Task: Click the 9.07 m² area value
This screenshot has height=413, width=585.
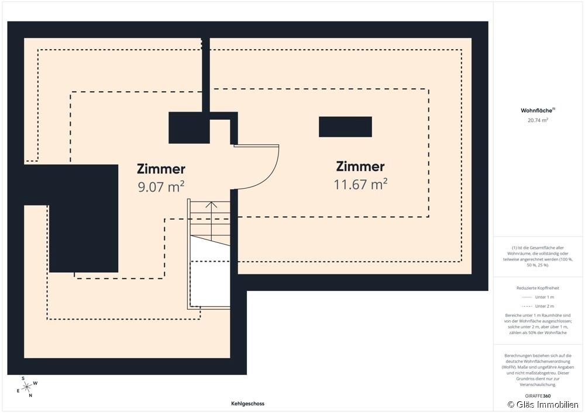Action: click(x=161, y=186)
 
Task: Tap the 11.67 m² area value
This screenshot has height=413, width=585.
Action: click(x=360, y=184)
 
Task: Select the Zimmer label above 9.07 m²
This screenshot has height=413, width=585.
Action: click(x=161, y=169)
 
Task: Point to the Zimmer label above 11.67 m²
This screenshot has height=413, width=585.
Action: click(x=360, y=166)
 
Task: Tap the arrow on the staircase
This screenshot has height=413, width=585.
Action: click(x=212, y=221)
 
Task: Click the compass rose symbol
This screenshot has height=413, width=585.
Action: click(x=27, y=387)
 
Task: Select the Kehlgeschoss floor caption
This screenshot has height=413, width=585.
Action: click(x=247, y=403)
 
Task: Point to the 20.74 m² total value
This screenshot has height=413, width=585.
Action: click(x=538, y=120)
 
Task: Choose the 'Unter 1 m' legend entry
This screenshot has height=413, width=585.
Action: click(x=538, y=297)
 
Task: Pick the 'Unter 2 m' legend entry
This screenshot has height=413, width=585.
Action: click(x=538, y=306)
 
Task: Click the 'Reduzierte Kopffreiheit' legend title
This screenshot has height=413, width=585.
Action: click(x=538, y=288)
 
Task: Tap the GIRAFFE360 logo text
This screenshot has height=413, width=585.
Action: click(x=538, y=396)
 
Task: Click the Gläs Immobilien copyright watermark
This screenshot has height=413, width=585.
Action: click(x=543, y=404)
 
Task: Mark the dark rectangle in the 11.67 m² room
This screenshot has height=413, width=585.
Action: click(x=345, y=127)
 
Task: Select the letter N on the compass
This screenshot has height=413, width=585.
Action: click(x=30, y=395)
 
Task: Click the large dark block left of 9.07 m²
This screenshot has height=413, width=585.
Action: click(x=84, y=218)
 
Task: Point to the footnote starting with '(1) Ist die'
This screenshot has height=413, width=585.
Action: click(x=538, y=256)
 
